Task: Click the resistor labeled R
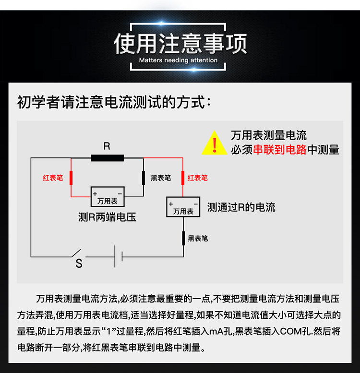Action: [107, 158]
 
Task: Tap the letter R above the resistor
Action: [107, 146]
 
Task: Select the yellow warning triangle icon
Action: [215, 143]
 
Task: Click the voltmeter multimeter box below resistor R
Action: [108, 196]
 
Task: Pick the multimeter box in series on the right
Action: [183, 207]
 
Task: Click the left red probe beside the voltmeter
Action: [72, 178]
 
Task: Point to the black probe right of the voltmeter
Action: [143, 178]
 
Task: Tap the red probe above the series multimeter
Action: [183, 178]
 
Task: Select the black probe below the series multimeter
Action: [183, 238]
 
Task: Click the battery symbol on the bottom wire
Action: [119, 256]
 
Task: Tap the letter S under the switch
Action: [79, 264]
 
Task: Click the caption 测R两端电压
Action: [107, 217]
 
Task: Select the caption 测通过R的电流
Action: [241, 207]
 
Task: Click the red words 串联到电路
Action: [280, 150]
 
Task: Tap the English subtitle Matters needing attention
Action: [178, 60]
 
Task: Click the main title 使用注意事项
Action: [180, 43]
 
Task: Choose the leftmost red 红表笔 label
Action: [53, 178]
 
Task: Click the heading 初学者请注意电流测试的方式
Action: [114, 102]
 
